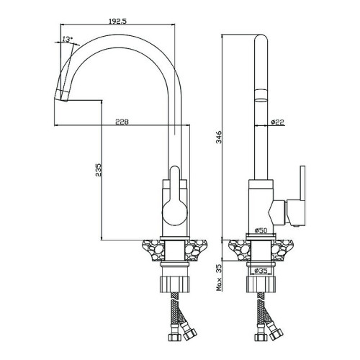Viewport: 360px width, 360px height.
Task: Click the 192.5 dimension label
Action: coord(117,21)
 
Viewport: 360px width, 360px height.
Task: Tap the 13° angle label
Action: coord(67,39)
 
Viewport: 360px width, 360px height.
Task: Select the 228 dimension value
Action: coord(122,122)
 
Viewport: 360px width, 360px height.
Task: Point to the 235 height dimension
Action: coord(99,170)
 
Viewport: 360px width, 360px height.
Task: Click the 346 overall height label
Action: coord(219,138)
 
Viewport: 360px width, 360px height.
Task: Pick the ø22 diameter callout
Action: coord(277,122)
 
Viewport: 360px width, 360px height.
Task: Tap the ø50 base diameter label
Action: coord(261,230)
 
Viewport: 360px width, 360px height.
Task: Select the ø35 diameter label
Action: coord(261,271)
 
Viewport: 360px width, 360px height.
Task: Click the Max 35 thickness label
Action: coord(219,277)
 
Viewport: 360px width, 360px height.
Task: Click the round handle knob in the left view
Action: coord(175,213)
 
